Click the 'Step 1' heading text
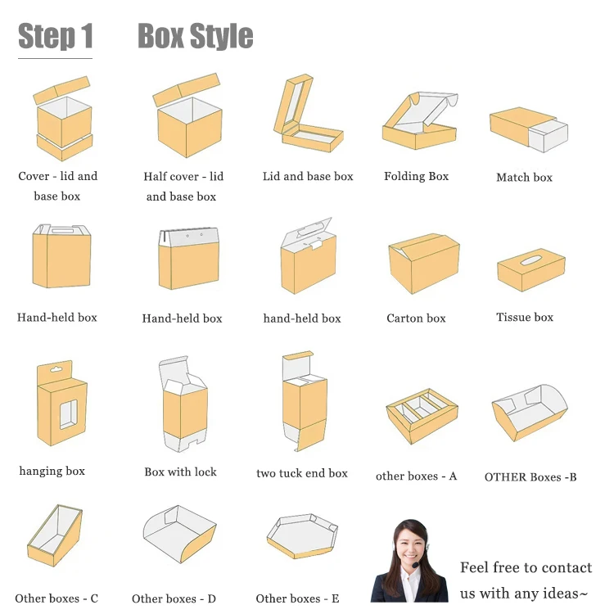tap(56, 37)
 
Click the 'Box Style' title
tap(195, 37)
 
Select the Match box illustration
tap(528, 129)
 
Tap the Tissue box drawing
tap(530, 270)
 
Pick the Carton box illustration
tap(423, 264)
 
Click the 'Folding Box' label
tap(416, 176)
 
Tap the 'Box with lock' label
tap(180, 472)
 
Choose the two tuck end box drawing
tap(304, 401)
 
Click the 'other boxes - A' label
tap(416, 476)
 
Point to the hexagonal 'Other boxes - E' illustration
tap(302, 536)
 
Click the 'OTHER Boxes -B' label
tap(530, 476)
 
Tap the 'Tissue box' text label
tap(524, 317)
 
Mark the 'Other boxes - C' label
tap(56, 598)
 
